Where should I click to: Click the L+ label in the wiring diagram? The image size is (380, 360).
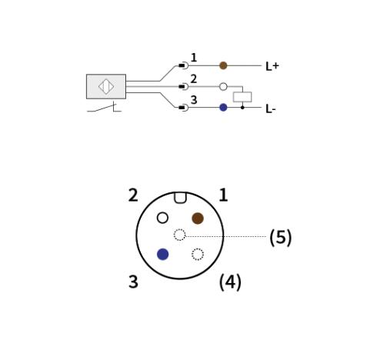(x=272, y=66)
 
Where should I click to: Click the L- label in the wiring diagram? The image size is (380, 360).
(x=271, y=109)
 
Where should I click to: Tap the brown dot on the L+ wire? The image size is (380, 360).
(x=223, y=65)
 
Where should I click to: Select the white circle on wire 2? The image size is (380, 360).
(x=223, y=87)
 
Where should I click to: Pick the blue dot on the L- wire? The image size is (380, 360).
(x=223, y=108)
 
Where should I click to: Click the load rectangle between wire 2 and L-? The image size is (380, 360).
(x=242, y=97)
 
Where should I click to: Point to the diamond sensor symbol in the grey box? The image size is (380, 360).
(x=106, y=87)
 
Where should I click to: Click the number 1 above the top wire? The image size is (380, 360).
(x=194, y=58)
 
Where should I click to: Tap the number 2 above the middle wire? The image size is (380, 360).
(x=194, y=78)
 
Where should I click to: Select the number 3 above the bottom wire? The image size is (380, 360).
(x=194, y=100)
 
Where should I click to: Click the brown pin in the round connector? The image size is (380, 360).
(x=198, y=218)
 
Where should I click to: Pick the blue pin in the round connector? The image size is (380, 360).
(x=162, y=254)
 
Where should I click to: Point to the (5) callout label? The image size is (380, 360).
(x=281, y=238)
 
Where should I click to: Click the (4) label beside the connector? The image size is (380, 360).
(x=230, y=282)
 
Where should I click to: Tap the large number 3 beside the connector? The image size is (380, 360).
(x=133, y=282)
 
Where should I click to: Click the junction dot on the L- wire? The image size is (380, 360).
(x=242, y=108)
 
